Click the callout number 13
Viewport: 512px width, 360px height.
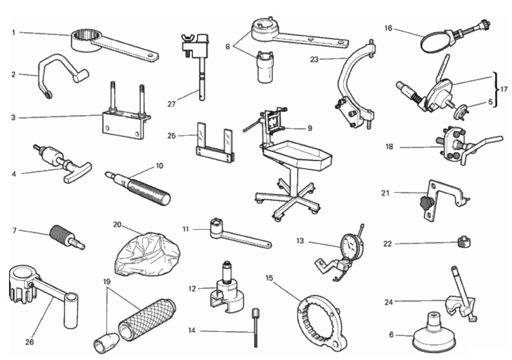(x=300, y=241)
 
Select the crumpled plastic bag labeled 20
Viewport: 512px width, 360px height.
(x=148, y=253)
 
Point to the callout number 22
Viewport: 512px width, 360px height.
(x=387, y=244)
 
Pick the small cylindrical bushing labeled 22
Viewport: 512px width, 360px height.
(x=464, y=242)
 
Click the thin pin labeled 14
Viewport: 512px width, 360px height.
(x=255, y=327)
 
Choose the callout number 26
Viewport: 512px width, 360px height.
(x=29, y=342)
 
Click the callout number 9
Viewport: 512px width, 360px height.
(x=310, y=128)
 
